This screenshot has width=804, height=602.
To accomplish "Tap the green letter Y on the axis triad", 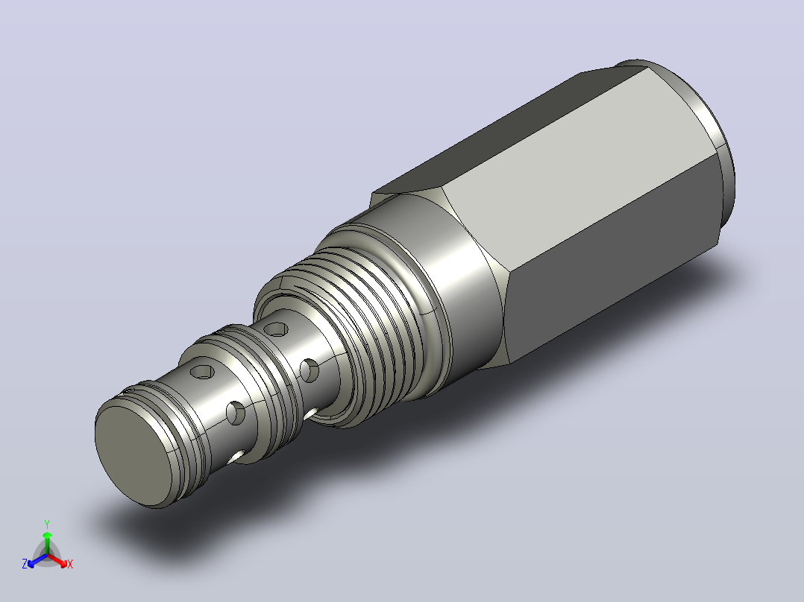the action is [x=47, y=524].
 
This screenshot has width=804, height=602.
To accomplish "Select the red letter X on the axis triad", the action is [x=70, y=564].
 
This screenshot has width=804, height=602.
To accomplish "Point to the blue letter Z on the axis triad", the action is [x=25, y=564].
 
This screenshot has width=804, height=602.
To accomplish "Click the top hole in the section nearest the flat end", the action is [x=202, y=372].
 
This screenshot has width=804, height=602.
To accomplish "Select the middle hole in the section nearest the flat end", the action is [x=236, y=413].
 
